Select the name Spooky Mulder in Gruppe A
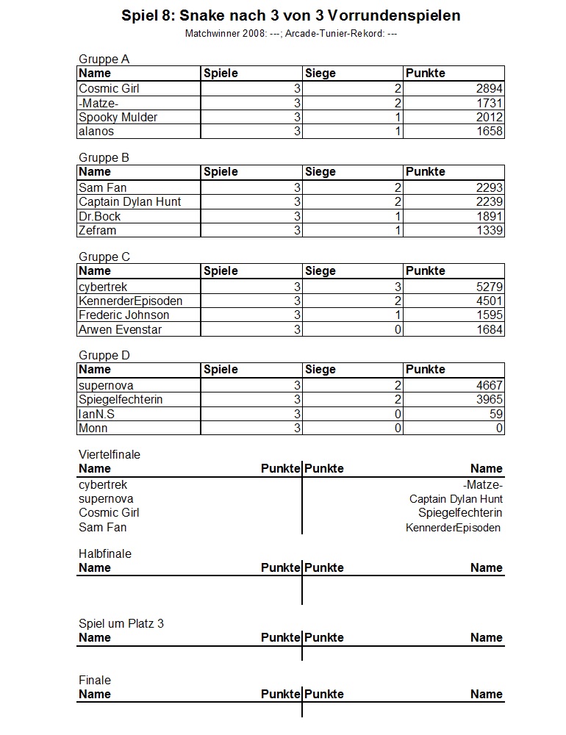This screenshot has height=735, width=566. (118, 117)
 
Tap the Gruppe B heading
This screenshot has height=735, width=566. (104, 157)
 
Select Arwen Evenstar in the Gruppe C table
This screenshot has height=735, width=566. (120, 329)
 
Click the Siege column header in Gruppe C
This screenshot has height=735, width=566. (320, 270)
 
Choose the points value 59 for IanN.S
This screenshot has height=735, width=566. (495, 414)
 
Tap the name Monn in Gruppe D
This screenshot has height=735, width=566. (93, 428)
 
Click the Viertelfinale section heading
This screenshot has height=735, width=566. (109, 454)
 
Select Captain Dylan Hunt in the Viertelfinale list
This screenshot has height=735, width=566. (456, 499)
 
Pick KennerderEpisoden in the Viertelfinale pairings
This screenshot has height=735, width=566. (453, 528)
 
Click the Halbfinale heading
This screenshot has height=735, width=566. (104, 553)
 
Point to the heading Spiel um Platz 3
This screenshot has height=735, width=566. (121, 623)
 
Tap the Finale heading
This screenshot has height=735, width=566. (95, 680)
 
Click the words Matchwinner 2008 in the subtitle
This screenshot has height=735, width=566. (218, 34)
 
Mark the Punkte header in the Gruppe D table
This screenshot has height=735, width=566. (426, 369)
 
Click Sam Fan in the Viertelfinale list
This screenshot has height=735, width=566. (102, 527)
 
